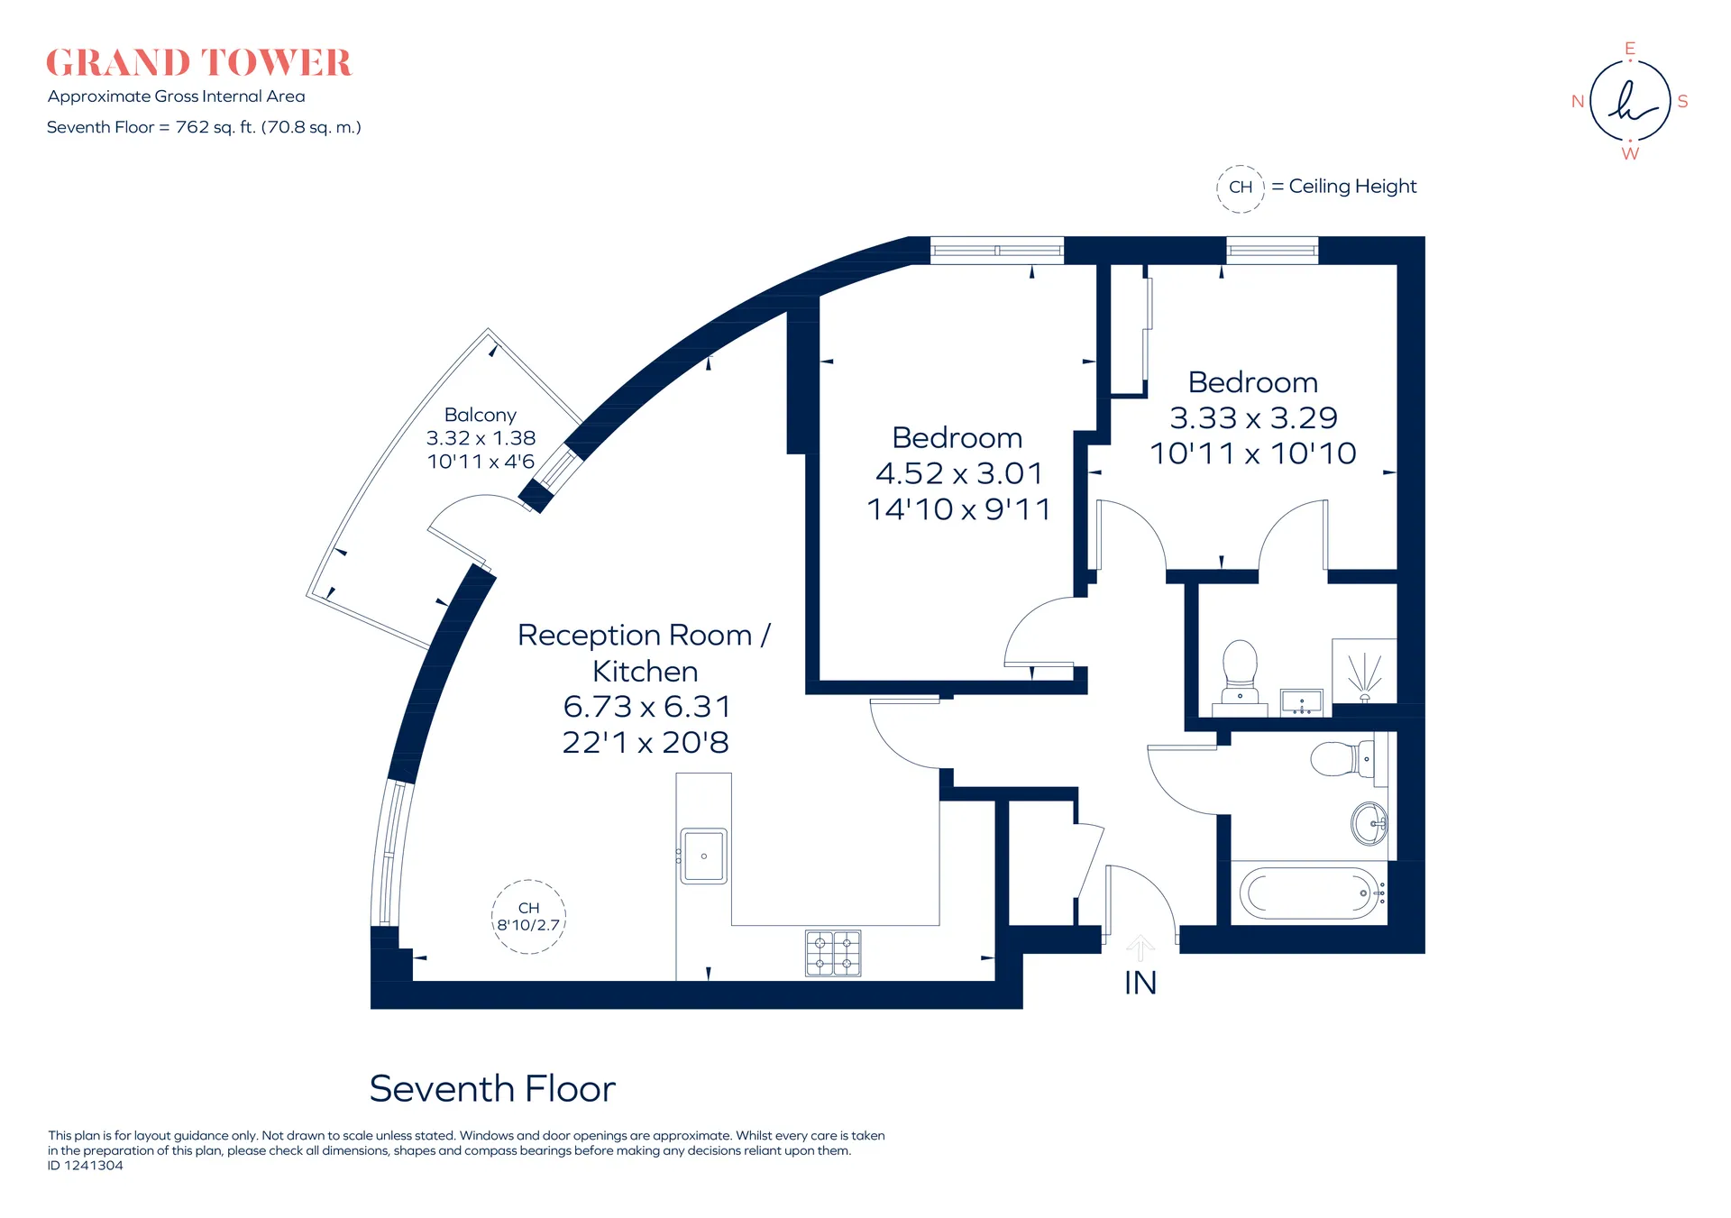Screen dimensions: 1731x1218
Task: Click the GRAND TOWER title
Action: pyautogui.click(x=198, y=63)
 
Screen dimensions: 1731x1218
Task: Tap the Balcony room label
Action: pyautogui.click(x=481, y=415)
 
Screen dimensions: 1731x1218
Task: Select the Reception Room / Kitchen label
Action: pyautogui.click(x=644, y=653)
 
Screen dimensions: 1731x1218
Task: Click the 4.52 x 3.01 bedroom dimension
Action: pyautogui.click(x=958, y=473)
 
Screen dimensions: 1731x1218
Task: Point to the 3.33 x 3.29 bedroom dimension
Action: pyautogui.click(x=1253, y=417)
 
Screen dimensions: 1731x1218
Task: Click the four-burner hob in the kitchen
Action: pyautogui.click(x=833, y=954)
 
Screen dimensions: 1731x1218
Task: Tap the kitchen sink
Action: pyautogui.click(x=703, y=856)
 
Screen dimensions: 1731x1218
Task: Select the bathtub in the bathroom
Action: pyautogui.click(x=1312, y=893)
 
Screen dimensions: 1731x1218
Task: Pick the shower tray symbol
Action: pyautogui.click(x=1364, y=671)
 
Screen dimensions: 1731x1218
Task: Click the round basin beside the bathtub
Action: pyautogui.click(x=1369, y=823)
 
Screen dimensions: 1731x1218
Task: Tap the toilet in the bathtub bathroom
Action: pyautogui.click(x=1343, y=759)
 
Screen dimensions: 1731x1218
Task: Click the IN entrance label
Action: pyautogui.click(x=1140, y=983)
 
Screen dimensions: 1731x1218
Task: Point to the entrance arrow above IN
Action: pyautogui.click(x=1140, y=948)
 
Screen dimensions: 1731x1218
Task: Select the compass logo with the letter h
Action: pyautogui.click(x=1630, y=101)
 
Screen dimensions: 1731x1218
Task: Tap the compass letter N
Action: pyautogui.click(x=1578, y=102)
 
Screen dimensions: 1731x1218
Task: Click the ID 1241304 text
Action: pyautogui.click(x=86, y=1166)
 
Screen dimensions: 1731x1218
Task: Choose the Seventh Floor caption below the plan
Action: pyautogui.click(x=492, y=1089)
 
